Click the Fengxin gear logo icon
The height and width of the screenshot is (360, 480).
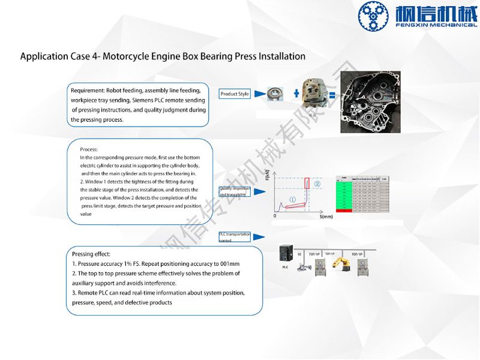(373, 17)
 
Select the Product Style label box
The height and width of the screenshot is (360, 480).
(235, 94)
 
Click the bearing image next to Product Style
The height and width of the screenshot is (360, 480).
(275, 94)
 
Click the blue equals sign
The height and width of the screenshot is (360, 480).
(332, 94)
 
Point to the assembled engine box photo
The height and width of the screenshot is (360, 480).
(370, 102)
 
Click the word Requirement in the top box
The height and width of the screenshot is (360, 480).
(88, 90)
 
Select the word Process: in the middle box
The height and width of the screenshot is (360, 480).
(89, 149)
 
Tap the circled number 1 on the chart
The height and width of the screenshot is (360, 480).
(292, 200)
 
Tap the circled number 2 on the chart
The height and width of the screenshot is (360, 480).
(318, 184)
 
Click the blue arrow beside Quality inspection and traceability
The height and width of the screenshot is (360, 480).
(259, 191)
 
